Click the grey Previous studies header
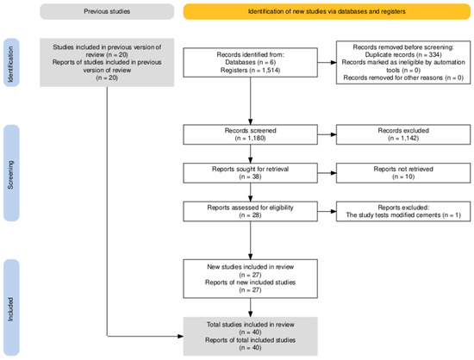107,11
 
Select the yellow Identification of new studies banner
327,11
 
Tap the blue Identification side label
11,63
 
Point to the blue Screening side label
11,173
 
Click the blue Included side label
11,307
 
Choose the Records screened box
250,134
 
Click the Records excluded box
403,134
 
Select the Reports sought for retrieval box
250,173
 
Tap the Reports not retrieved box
403,173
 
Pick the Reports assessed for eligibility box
250,211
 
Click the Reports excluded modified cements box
403,211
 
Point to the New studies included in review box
250,278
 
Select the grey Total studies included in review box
250,336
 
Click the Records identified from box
250,62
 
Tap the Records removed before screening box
403,62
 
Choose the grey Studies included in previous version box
107,63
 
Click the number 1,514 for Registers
270,71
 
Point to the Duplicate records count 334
434,55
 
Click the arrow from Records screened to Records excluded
327,134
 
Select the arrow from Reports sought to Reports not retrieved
327,173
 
